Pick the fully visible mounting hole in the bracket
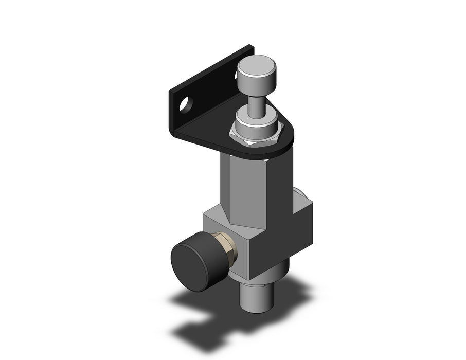pyautogui.click(x=183, y=105)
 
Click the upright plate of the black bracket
pyautogui.click(x=206, y=98)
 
